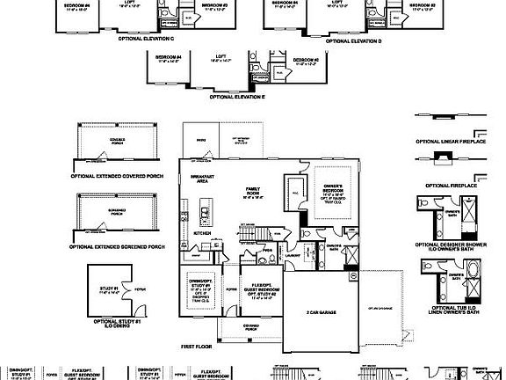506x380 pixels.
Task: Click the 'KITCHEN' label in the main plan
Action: (202, 233)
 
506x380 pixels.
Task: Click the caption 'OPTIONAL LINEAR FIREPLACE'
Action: (451, 141)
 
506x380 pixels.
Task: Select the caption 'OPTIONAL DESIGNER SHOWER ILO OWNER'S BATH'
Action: (451, 246)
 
